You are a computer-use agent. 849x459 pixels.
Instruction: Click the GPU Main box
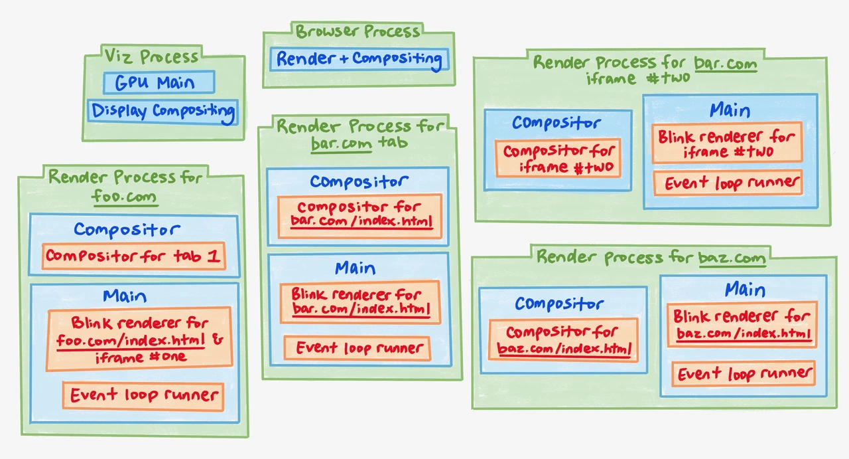159,82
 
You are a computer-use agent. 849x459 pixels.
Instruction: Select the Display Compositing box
163,111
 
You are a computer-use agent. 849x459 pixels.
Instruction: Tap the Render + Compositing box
359,59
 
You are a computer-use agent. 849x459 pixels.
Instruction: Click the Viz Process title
151,56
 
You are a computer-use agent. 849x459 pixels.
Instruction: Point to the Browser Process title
358,31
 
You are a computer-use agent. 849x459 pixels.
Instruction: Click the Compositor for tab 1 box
133,256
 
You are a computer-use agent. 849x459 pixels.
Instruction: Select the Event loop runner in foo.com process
143,396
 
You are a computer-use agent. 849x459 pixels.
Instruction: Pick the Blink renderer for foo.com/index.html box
139,339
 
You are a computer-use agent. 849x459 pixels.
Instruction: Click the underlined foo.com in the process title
125,197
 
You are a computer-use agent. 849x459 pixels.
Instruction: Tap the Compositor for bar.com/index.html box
360,216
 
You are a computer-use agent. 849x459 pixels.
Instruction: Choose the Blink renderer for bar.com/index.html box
360,302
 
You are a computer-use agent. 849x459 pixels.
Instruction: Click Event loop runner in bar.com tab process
358,348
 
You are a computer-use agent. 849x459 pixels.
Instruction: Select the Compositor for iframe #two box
558,158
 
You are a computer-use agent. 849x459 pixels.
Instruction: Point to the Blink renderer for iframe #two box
727,143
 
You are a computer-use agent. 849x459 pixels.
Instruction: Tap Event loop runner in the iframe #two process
728,183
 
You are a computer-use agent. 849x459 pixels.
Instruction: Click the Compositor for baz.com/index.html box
564,340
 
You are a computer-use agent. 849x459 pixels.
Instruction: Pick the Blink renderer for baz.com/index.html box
742,325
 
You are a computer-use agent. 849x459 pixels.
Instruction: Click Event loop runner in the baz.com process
744,374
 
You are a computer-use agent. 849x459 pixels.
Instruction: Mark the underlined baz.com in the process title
732,258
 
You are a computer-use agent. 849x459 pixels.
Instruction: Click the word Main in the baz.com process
745,290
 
